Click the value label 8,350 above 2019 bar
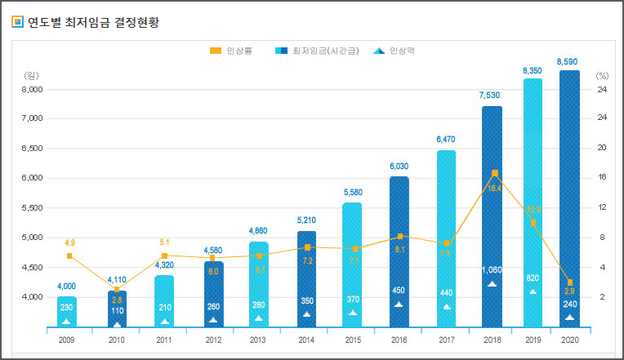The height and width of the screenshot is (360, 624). tap(532, 71)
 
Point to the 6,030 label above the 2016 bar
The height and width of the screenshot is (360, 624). tap(399, 167)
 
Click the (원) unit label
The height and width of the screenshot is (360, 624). tap(33, 75)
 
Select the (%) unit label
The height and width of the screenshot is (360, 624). tap(603, 75)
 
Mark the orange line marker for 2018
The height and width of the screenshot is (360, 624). tap(495, 173)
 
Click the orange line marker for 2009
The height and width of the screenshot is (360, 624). tap(69, 256)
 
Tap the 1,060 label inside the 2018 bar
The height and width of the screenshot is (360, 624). tap(492, 270)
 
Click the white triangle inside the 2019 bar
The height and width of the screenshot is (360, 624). tap(533, 291)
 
